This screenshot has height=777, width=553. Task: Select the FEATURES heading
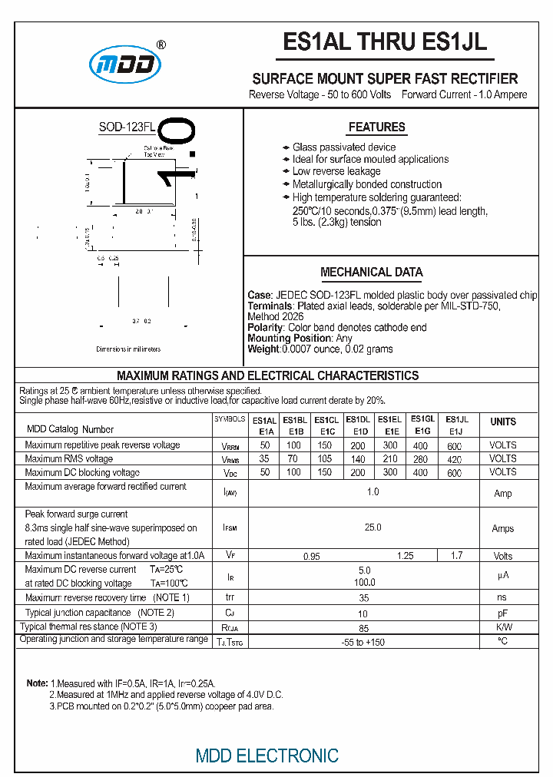(x=376, y=127)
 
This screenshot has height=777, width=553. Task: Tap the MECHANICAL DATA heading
(x=371, y=273)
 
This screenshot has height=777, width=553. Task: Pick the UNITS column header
(x=503, y=422)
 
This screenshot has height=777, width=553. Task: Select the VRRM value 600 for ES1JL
(x=455, y=446)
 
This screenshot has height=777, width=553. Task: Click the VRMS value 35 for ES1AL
(x=264, y=459)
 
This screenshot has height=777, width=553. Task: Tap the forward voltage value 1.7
(x=456, y=555)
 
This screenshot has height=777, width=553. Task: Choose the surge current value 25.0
(x=373, y=528)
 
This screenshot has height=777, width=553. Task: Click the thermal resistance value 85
(x=364, y=627)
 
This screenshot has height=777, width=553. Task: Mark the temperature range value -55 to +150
(x=363, y=642)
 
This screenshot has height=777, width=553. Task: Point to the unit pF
(x=503, y=613)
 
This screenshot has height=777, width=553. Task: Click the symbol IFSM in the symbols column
(x=230, y=529)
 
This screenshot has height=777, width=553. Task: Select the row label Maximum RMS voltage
(x=69, y=459)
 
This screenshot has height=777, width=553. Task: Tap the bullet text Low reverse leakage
(x=336, y=172)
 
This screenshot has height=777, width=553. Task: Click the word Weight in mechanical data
(x=263, y=349)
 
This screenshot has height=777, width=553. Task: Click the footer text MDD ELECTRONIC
(x=267, y=756)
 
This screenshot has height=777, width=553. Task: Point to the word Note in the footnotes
(x=37, y=683)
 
